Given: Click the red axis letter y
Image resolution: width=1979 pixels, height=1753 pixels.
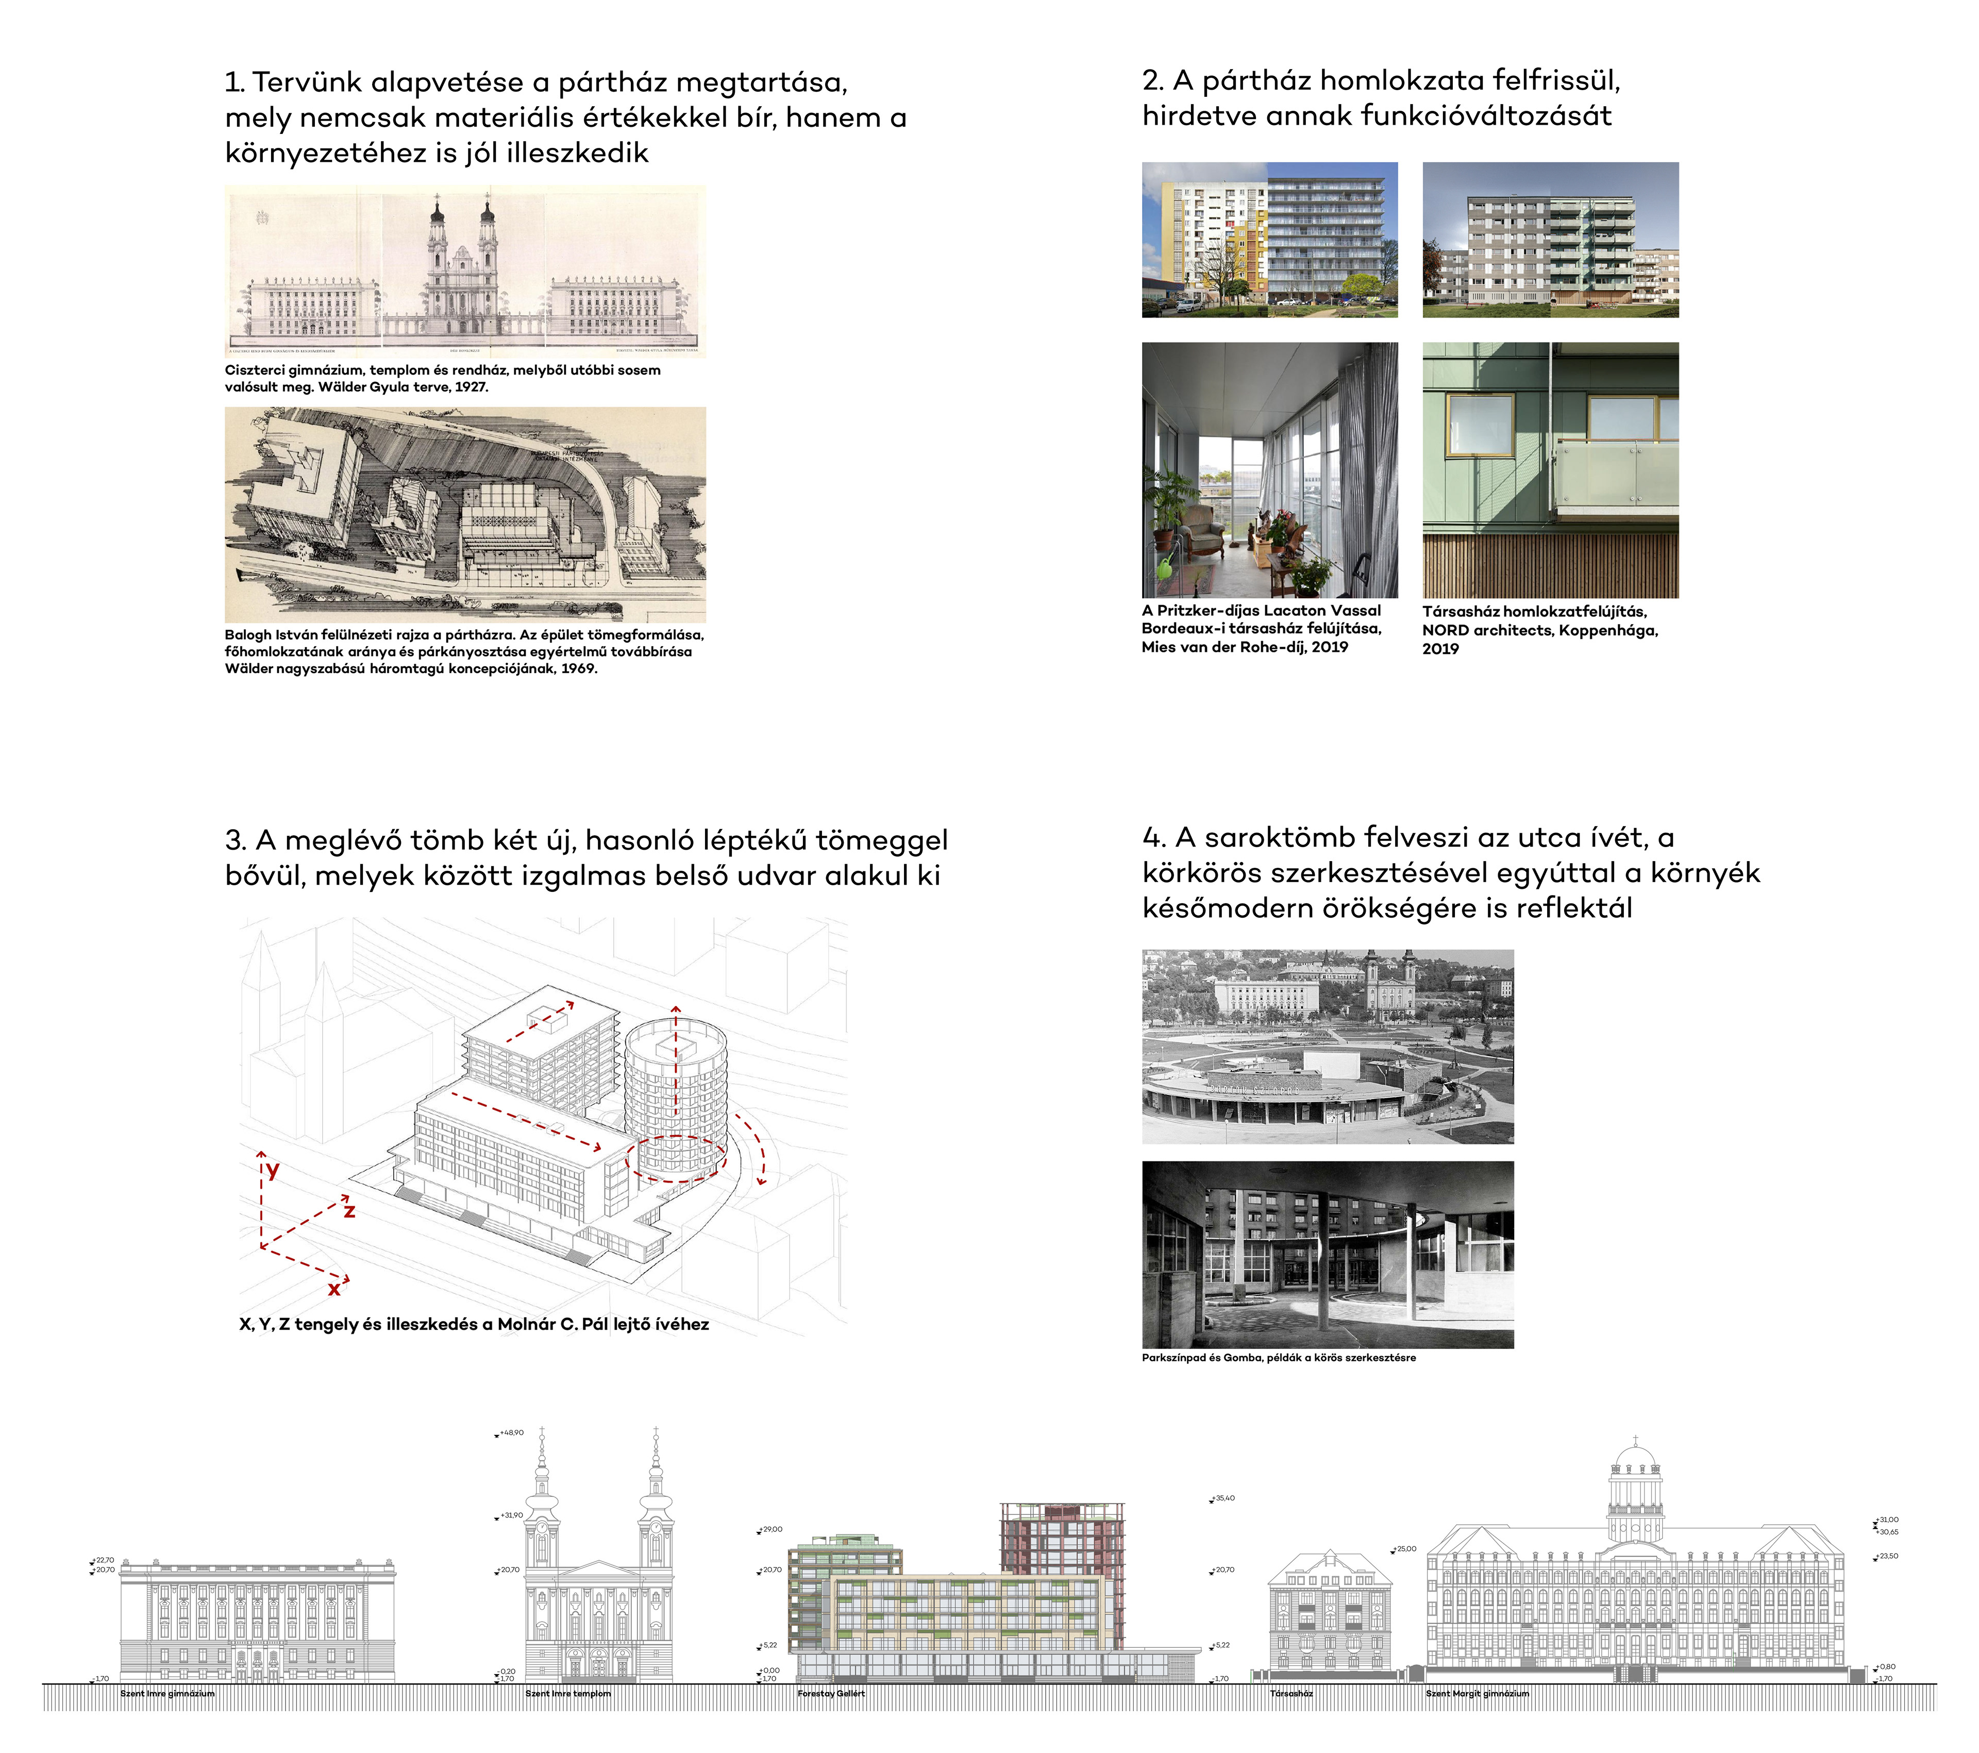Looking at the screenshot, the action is click(273, 1170).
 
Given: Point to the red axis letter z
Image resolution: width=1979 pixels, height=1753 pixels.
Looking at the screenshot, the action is click(349, 1210).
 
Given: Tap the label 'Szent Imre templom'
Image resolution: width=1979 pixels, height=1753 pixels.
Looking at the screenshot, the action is click(568, 1693).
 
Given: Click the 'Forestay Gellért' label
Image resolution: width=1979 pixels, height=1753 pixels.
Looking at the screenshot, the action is click(831, 1693).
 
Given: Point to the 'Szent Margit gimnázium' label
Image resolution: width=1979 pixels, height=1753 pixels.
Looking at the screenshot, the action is click(1478, 1693).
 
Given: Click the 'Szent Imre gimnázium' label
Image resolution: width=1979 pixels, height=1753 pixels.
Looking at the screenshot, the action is click(167, 1693).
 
